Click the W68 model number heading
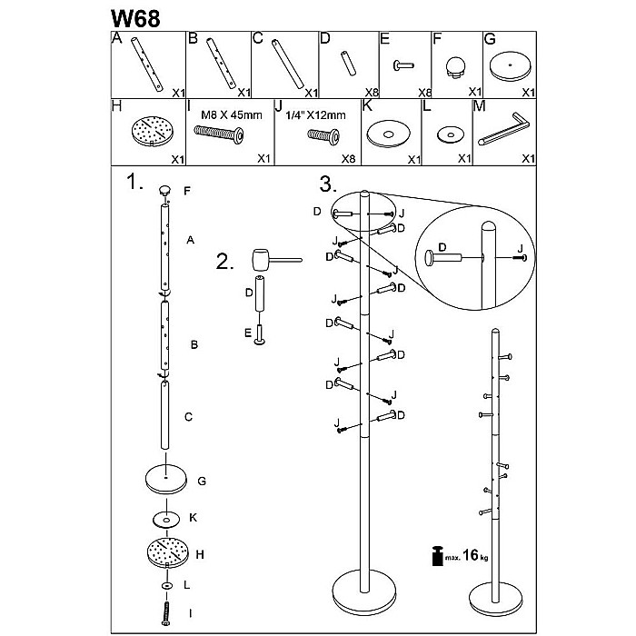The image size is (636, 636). click(x=136, y=18)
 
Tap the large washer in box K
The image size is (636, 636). click(x=389, y=135)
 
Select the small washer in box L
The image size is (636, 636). click(x=447, y=135)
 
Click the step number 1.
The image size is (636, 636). click(x=134, y=183)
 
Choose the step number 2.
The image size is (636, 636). click(x=224, y=263)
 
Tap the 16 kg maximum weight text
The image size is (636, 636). click(x=471, y=554)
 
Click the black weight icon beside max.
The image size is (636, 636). click(x=437, y=556)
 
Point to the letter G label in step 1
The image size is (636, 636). click(x=203, y=481)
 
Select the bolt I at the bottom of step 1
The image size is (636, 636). click(x=166, y=612)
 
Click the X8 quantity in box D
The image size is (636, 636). click(x=371, y=93)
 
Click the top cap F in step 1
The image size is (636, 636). click(x=165, y=189)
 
